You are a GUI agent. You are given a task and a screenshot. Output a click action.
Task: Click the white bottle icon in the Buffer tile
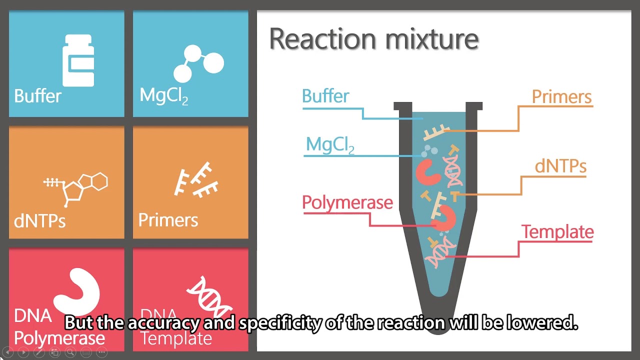[x=78, y=60]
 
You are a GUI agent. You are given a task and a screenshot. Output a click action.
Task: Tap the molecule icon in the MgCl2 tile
[x=198, y=63]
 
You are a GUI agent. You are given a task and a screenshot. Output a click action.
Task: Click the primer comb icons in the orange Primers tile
[x=196, y=180]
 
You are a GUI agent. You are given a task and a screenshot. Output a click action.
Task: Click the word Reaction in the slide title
[x=322, y=39]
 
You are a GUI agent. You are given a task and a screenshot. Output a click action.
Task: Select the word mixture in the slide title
[x=432, y=39]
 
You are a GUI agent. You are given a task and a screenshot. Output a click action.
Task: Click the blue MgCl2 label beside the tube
[x=330, y=145]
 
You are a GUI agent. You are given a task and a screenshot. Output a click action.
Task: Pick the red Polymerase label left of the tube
[x=347, y=203]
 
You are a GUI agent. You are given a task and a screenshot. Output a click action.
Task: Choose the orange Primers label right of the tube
[x=561, y=97]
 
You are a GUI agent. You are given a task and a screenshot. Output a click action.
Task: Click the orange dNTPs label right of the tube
[x=560, y=166]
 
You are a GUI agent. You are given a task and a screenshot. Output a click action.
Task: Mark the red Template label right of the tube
[x=557, y=231]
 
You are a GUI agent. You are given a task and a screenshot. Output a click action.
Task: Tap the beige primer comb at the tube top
[x=436, y=132]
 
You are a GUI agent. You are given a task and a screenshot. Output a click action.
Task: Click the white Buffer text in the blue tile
[x=37, y=96]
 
